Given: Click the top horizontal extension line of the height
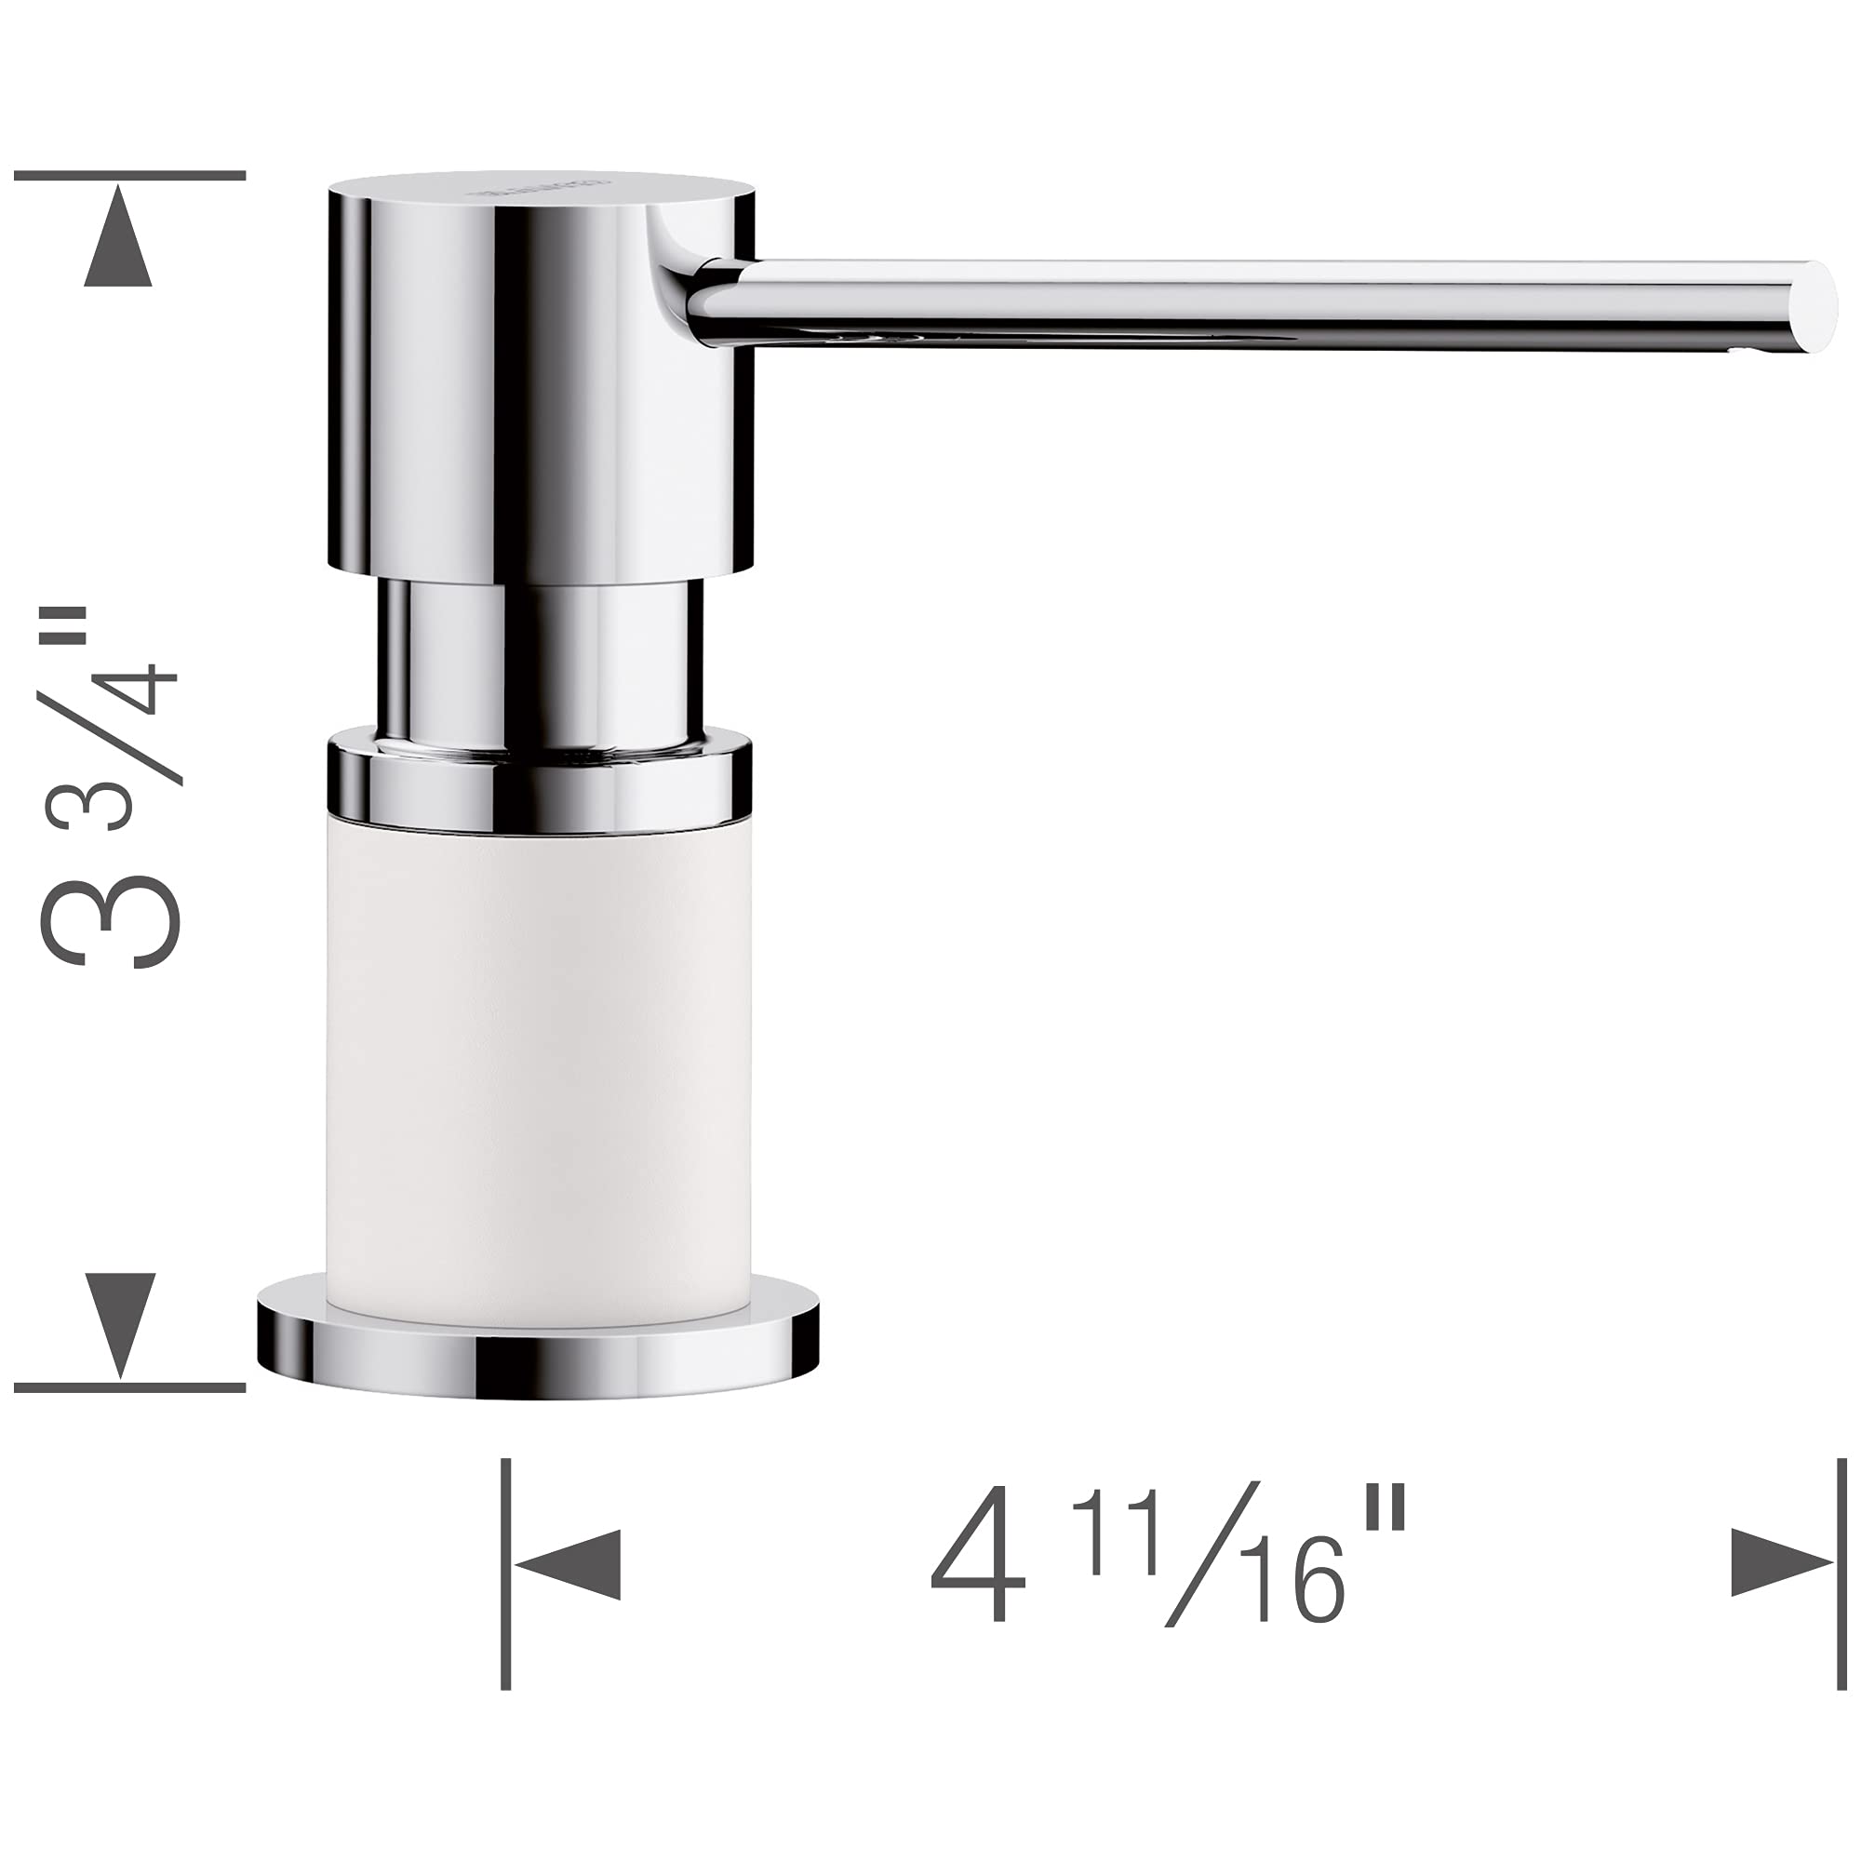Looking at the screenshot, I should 130,176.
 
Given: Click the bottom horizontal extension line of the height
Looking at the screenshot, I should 130,1387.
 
